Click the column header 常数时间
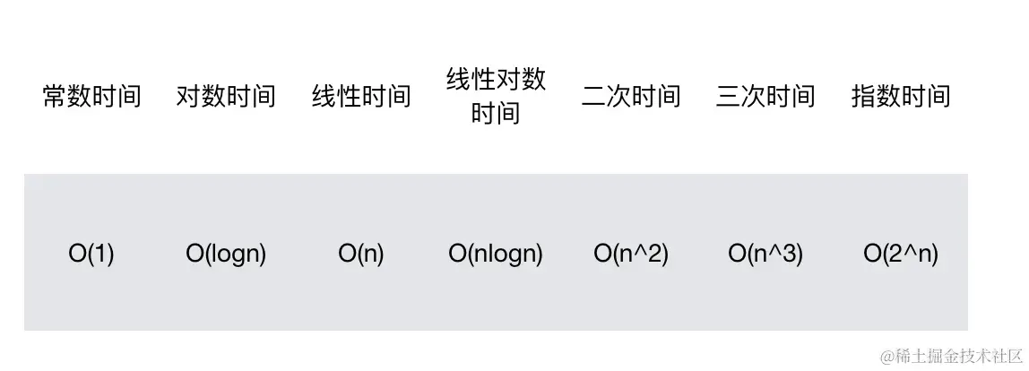tap(92, 96)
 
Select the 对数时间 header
tap(226, 96)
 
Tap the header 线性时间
tap(361, 96)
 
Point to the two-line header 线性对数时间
tap(496, 96)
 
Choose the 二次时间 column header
tap(631, 96)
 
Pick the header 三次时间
tap(765, 96)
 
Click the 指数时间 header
tap(901, 96)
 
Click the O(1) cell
tap(91, 255)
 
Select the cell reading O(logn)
tap(226, 255)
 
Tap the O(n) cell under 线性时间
tap(361, 255)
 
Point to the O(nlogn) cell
tap(496, 255)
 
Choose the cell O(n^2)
tap(631, 255)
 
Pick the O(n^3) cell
tap(765, 255)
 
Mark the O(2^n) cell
tap(901, 255)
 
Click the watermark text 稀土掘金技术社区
tap(955, 356)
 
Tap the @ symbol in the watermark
tap(887, 356)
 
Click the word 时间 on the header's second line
tap(496, 114)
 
